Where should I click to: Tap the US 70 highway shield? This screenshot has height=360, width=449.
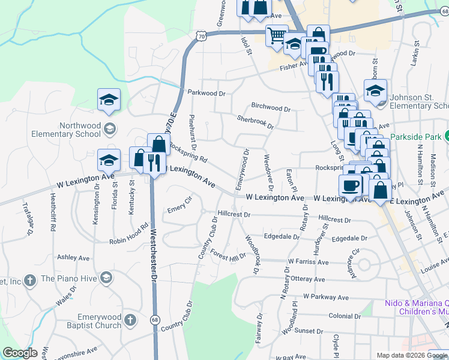[200, 36]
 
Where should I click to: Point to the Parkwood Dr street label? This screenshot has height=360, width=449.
[206, 94]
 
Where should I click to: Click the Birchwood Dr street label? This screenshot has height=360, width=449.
[271, 109]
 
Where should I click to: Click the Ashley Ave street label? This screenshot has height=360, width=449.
[73, 257]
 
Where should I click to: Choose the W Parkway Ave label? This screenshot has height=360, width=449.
[326, 297]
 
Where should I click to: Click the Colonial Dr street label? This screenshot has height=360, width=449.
[343, 316]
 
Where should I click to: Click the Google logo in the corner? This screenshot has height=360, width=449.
[20, 353]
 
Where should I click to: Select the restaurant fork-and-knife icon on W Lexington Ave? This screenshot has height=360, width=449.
[155, 161]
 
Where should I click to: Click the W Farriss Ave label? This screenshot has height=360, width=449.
[308, 262]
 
